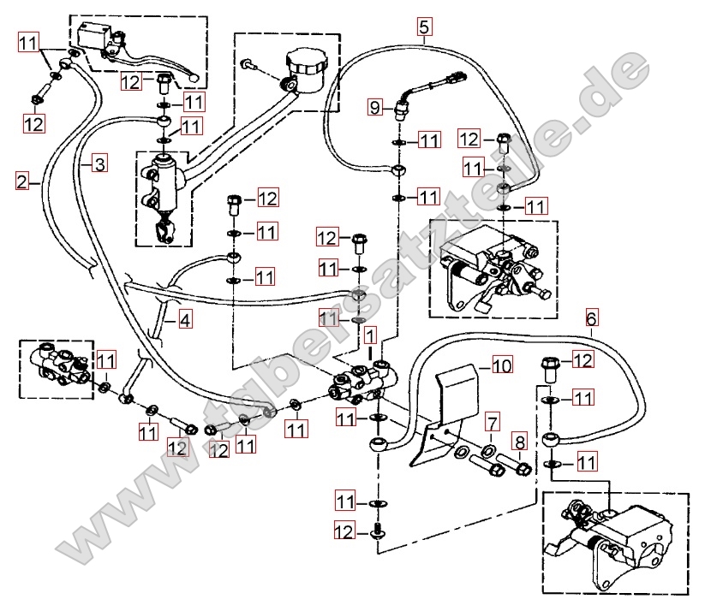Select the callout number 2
(x=22, y=181)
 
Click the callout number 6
(x=592, y=318)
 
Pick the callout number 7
(x=492, y=421)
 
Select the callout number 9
(x=374, y=107)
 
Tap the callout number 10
(x=501, y=366)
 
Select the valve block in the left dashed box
(x=57, y=365)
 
